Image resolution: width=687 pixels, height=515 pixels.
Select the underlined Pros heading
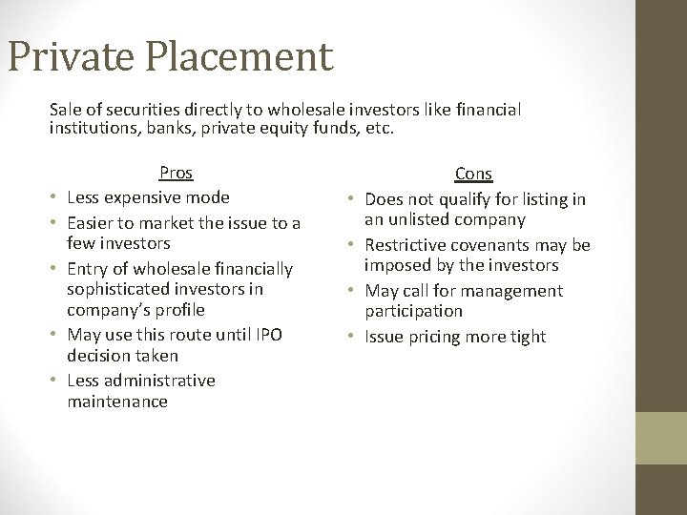tap(176, 173)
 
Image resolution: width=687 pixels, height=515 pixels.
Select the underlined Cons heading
tap(473, 174)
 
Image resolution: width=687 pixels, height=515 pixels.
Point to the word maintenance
tap(117, 402)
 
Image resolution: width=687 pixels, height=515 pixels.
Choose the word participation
tap(413, 311)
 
